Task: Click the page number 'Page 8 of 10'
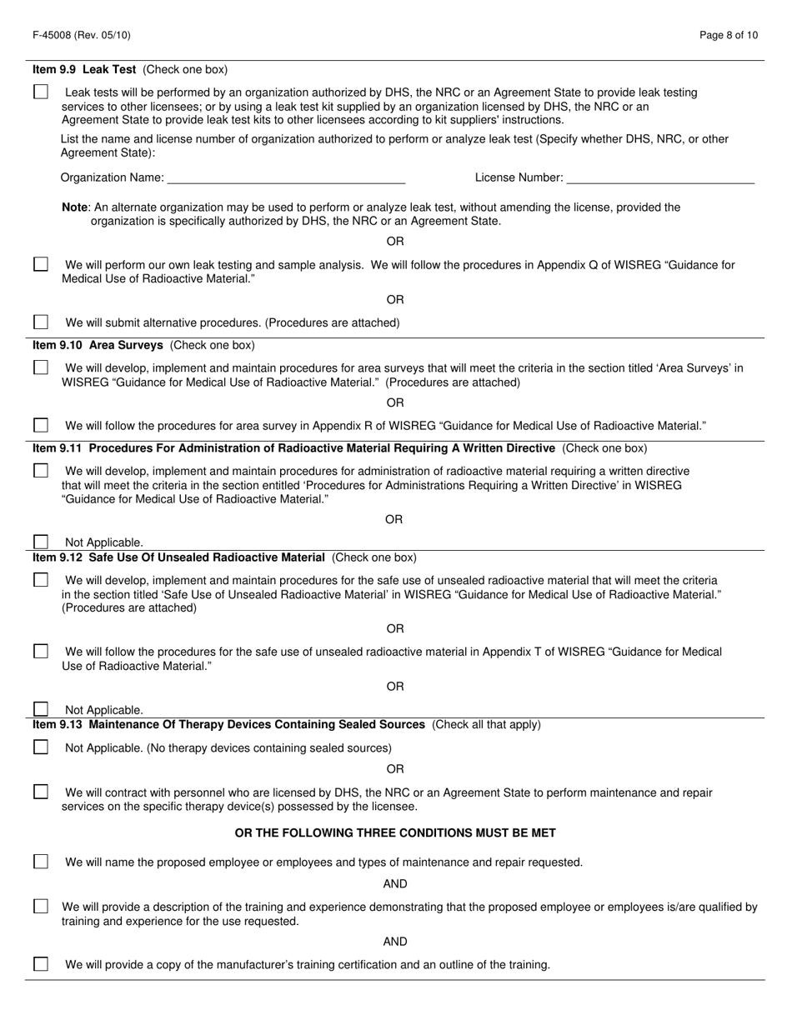[729, 35]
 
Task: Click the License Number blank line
[659, 177]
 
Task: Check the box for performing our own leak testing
[41, 264]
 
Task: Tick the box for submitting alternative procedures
[41, 322]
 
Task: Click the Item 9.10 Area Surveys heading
[98, 345]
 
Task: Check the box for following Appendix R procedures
[41, 425]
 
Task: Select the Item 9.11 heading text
[293, 448]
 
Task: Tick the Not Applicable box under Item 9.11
[41, 542]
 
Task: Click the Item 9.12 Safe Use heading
[178, 557]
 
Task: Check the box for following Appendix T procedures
[41, 652]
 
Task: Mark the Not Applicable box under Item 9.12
[41, 709]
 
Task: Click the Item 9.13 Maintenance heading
[228, 724]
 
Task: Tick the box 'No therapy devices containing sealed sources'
[41, 747]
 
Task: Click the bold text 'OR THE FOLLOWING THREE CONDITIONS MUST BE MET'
[395, 832]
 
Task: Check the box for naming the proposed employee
[41, 862]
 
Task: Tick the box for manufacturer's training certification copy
[41, 964]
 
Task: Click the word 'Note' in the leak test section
[75, 207]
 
